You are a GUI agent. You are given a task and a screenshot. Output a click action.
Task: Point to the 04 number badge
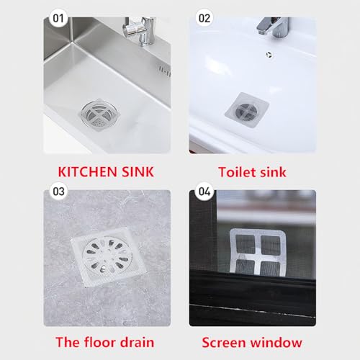(x=204, y=191)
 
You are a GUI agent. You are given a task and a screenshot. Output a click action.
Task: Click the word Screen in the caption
(x=229, y=342)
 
